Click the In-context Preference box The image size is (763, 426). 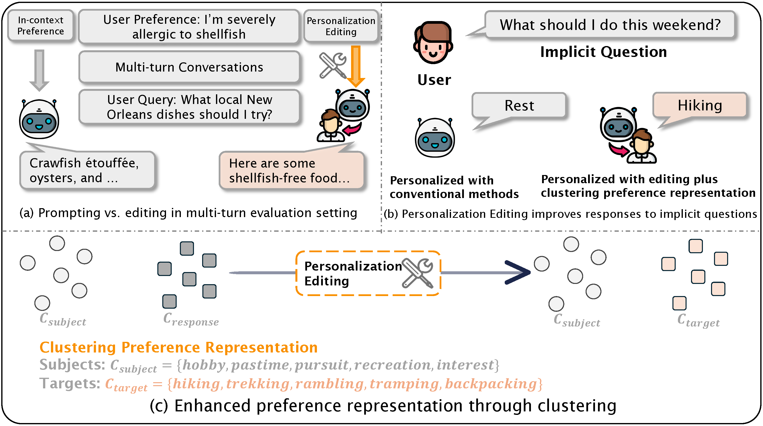point(41,25)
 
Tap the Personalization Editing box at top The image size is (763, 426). point(341,26)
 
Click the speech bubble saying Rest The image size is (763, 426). point(519,106)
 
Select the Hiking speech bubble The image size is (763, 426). point(700,105)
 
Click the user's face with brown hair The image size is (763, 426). point(433,43)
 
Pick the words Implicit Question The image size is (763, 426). point(603,52)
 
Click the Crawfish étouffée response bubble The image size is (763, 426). point(87,170)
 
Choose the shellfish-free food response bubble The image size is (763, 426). point(291,170)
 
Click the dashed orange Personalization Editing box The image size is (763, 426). point(368,273)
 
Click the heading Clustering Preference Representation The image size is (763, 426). point(179,348)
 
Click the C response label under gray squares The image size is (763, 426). point(191,320)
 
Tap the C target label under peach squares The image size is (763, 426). point(698,321)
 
